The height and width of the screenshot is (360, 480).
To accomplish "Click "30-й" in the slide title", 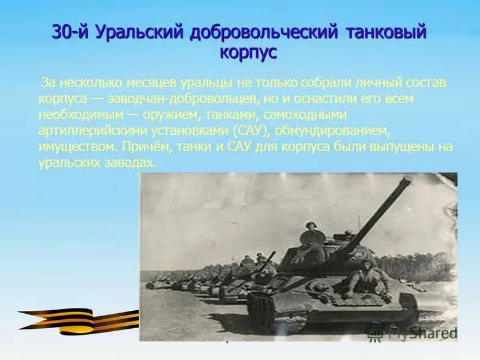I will coord(69,32).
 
